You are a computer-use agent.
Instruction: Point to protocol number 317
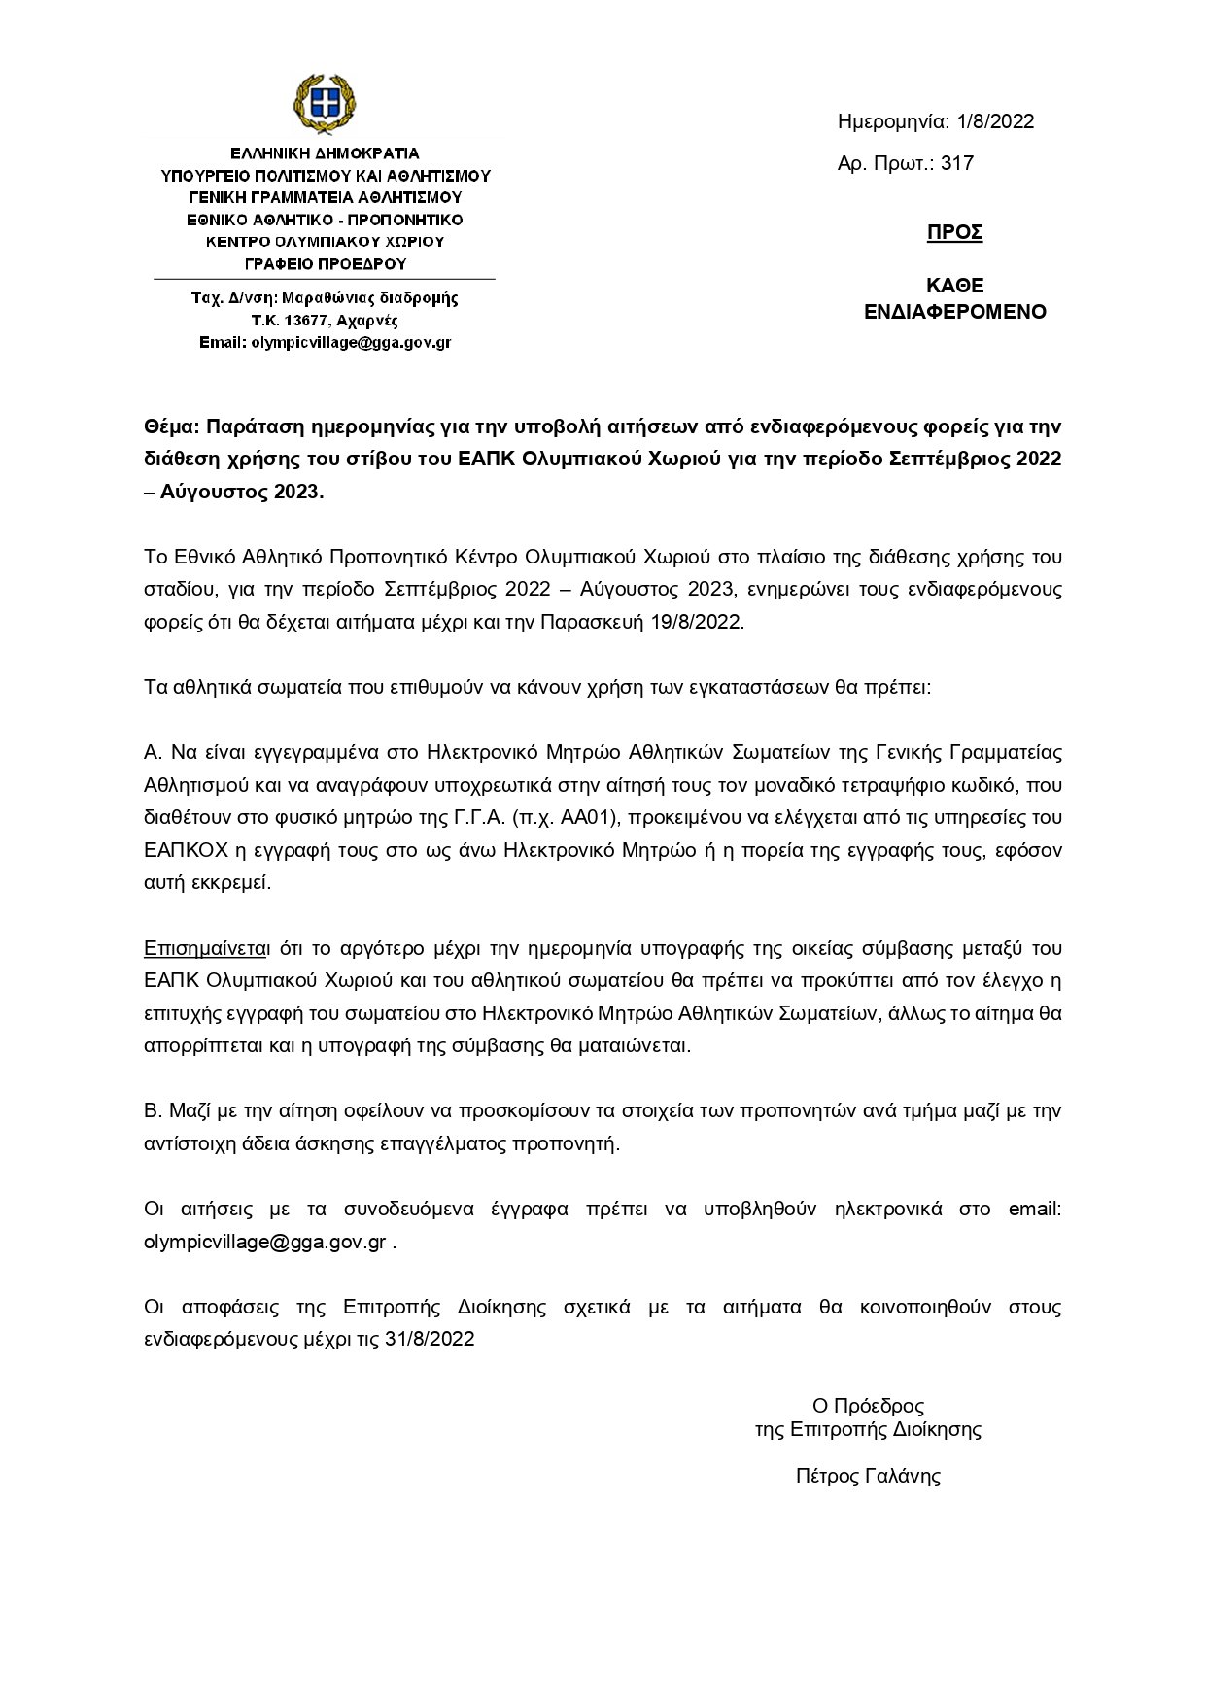[x=957, y=163]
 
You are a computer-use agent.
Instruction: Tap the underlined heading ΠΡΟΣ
[x=954, y=232]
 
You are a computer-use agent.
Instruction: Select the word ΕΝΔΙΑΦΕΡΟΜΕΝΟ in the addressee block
[x=955, y=312]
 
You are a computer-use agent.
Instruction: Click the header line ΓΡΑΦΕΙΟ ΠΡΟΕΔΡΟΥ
[x=324, y=263]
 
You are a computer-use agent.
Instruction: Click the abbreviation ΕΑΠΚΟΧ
[x=186, y=850]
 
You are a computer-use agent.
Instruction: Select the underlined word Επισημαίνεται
[x=206, y=947]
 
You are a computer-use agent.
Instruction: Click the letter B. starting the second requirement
[x=152, y=1110]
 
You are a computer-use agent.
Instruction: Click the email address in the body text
[x=265, y=1242]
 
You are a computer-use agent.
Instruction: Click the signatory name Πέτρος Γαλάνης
[x=868, y=1476]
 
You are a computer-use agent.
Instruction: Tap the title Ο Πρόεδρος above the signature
[x=868, y=1405]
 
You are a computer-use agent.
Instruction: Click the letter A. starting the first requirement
[x=152, y=752]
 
